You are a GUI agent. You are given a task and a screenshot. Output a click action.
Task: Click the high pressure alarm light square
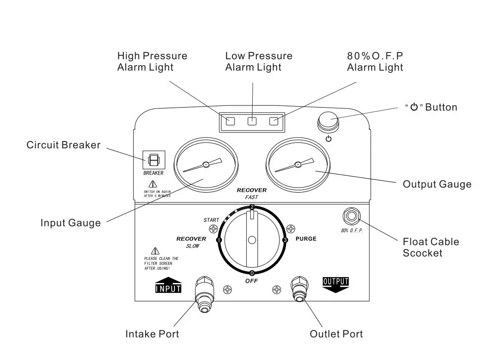coord(231,121)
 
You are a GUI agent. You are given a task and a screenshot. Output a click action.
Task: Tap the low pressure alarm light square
coord(252,121)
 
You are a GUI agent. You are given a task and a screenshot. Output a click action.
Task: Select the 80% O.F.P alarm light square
coord(274,121)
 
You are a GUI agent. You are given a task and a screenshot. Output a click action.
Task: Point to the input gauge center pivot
coord(205,165)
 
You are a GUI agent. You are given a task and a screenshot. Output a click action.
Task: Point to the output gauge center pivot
coord(297,165)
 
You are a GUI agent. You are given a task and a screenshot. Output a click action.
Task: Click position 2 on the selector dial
coord(252,207)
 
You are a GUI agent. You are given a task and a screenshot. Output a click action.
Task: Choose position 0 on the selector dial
coord(252,273)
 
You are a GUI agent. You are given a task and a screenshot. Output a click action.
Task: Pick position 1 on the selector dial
coord(219,240)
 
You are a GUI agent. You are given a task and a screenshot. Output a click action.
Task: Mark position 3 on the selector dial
coord(285,240)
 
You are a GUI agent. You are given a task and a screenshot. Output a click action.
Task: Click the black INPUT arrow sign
coord(168,285)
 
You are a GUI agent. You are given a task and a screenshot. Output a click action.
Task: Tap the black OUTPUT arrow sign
coord(335,284)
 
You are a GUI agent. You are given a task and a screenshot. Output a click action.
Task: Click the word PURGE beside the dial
coord(306,239)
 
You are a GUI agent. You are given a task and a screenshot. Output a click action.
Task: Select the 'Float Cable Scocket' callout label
coord(430,247)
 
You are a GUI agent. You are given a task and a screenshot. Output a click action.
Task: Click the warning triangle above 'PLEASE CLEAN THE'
coord(155,251)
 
